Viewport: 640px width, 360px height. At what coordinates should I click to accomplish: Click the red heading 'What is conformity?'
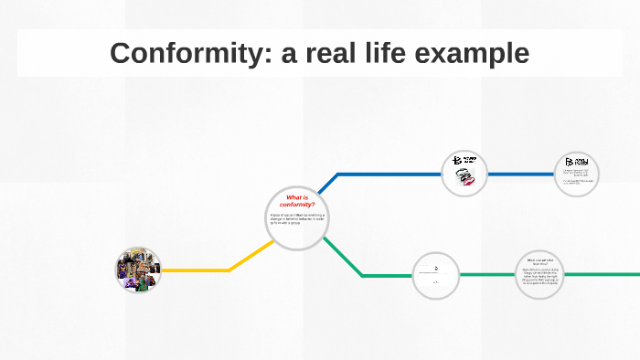pos(297,200)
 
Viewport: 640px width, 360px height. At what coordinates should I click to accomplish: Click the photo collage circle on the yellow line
pos(138,270)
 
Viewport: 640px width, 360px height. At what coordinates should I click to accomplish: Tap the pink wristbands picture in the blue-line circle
pos(465,180)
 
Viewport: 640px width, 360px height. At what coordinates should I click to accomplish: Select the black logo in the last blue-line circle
pos(578,162)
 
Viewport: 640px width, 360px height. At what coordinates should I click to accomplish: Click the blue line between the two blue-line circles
pos(521,173)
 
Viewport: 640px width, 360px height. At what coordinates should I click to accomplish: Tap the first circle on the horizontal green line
pos(435,274)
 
